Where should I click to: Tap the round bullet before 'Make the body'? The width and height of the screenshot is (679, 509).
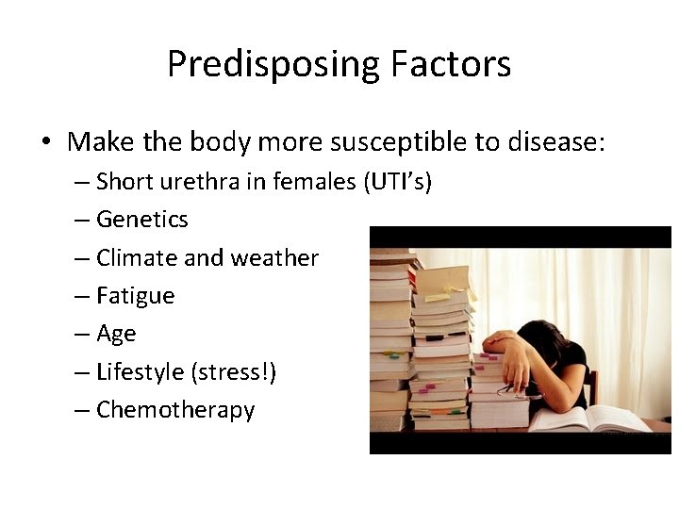point(45,143)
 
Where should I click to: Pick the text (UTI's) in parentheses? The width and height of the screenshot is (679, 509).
point(396,181)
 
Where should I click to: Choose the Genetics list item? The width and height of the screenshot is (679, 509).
point(141,220)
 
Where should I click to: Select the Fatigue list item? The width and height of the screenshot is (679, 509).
point(135,296)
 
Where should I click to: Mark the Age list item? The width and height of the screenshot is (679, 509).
point(116,335)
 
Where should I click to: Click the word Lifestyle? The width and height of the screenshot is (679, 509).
point(140,372)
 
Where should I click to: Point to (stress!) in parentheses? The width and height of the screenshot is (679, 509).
point(233,372)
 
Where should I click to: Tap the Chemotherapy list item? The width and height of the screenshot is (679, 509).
point(175,410)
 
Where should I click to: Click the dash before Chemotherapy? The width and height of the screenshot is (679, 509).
point(83,410)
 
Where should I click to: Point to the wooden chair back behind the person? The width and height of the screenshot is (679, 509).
point(591,386)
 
